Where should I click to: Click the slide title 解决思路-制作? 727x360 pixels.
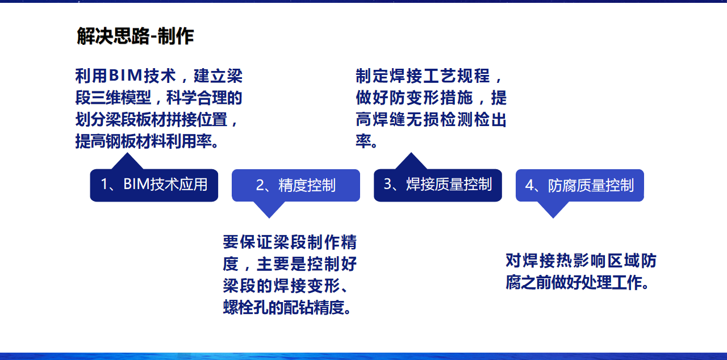tap(135, 36)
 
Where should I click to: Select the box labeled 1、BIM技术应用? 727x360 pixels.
tap(154, 185)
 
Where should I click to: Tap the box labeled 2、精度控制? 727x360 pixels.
tap(296, 185)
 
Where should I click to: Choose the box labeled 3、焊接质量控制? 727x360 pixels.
tap(438, 185)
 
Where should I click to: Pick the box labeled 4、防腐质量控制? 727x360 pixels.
tap(580, 185)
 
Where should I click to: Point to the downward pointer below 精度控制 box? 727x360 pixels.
tap(269, 209)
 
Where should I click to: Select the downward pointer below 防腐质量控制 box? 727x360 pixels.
tap(553, 209)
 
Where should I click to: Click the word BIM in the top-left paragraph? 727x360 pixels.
tap(126, 76)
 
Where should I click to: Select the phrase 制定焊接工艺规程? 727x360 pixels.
tap(423, 76)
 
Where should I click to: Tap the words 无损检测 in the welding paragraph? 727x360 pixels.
tap(440, 119)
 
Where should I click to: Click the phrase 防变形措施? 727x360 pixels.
tap(431, 98)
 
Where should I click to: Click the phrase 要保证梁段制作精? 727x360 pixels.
tap(290, 242)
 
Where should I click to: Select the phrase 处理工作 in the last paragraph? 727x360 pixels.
tap(612, 282)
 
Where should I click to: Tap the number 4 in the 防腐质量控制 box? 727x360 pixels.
tap(530, 185)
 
